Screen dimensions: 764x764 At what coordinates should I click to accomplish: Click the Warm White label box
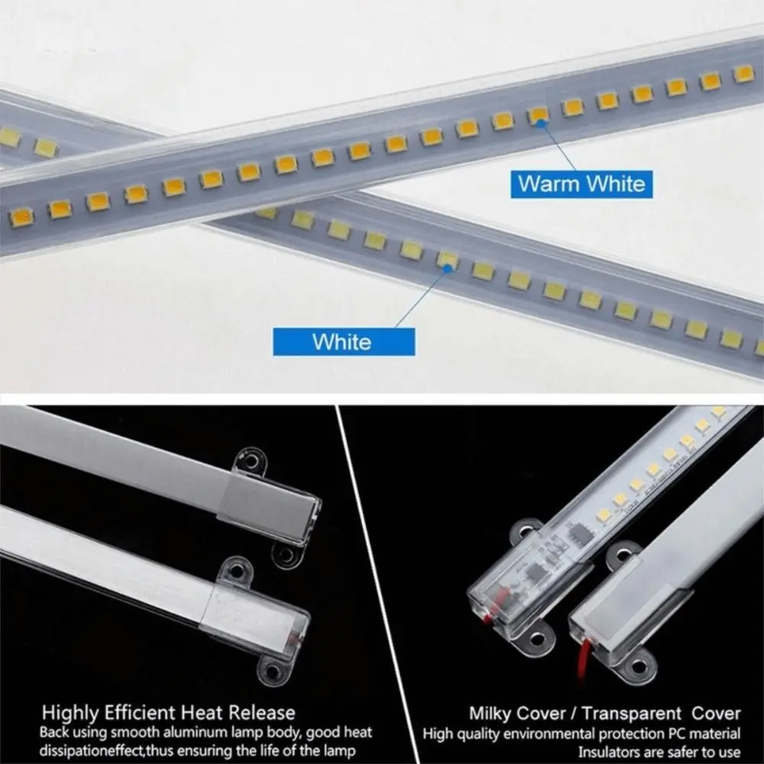(580, 183)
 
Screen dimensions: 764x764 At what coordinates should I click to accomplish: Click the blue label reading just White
(343, 342)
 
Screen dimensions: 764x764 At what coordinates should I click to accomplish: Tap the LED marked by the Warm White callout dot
(539, 115)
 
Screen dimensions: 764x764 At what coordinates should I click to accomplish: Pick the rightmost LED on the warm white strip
(743, 73)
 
